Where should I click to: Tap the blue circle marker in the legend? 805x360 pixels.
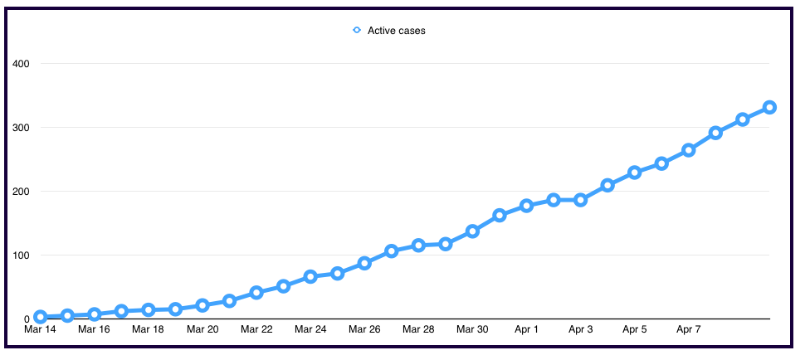357,31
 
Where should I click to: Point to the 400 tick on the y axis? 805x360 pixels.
22,64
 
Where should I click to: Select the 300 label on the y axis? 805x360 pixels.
22,128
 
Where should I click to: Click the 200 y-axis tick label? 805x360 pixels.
22,192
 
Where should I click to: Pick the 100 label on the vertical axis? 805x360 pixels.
22,255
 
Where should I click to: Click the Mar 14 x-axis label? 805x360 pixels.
40,330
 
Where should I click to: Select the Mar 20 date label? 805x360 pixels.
202,330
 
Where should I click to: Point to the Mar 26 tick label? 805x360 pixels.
364,330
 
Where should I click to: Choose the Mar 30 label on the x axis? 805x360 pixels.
472,330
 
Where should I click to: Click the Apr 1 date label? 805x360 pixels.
526,330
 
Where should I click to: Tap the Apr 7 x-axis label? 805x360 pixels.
689,330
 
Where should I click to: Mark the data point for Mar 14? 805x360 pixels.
40,317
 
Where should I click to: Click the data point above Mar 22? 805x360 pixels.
256,292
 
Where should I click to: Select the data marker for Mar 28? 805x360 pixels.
418,246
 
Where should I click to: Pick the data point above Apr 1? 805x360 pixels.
526,206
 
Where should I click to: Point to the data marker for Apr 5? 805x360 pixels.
634,173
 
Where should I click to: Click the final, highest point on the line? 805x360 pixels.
769,107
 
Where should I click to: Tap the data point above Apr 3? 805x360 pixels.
580,200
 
